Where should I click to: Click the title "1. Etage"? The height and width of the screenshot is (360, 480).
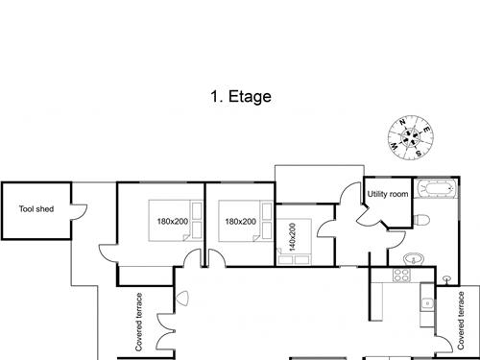pyautogui.click(x=241, y=96)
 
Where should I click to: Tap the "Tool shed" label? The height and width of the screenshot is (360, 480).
pyautogui.click(x=36, y=209)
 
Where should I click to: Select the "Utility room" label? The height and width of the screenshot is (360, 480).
pyautogui.click(x=388, y=194)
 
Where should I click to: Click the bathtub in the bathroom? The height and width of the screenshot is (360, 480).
pyautogui.click(x=437, y=188)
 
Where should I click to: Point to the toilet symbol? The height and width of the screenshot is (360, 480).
pyautogui.click(x=421, y=220)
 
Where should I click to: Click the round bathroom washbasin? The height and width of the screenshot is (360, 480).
pyautogui.click(x=414, y=258)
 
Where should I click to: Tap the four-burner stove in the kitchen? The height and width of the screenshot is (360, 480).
pyautogui.click(x=402, y=275)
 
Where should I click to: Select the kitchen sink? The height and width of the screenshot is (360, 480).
pyautogui.click(x=427, y=302)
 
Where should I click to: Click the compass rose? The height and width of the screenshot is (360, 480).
pyautogui.click(x=411, y=137)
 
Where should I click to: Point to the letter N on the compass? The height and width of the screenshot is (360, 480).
pyautogui.click(x=402, y=122)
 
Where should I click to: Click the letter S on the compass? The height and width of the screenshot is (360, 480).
pyautogui.click(x=419, y=154)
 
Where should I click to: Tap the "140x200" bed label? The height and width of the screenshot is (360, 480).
pyautogui.click(x=292, y=237)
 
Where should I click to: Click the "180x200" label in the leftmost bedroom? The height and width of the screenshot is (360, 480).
pyautogui.click(x=173, y=221)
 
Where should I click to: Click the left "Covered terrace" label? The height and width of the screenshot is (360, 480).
pyautogui.click(x=138, y=322)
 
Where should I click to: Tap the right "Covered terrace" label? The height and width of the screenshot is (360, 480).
pyautogui.click(x=461, y=321)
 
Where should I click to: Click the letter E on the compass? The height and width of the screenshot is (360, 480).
pyautogui.click(x=426, y=130)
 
